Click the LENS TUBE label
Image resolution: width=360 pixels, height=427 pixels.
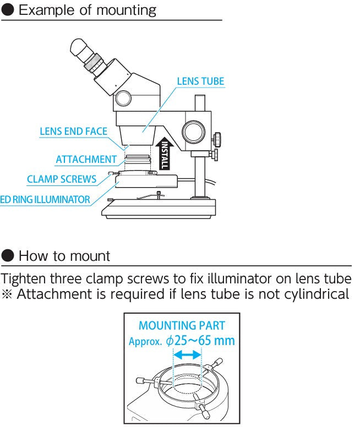click(x=200, y=81)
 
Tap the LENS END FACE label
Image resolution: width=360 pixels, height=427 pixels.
click(x=73, y=132)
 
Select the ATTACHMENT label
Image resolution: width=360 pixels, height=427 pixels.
click(x=86, y=160)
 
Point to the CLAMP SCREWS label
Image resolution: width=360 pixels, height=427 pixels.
click(x=62, y=179)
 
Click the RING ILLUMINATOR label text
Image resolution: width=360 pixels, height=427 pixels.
click(x=45, y=200)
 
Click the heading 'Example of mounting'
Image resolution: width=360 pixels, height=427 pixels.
click(x=88, y=10)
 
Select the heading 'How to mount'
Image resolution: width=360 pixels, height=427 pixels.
click(x=64, y=256)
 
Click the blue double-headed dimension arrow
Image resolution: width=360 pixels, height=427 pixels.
click(x=187, y=356)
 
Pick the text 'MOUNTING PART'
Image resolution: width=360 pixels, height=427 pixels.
click(x=182, y=326)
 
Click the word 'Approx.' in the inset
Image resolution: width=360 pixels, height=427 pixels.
click(x=145, y=341)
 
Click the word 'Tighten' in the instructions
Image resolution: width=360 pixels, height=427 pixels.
click(x=24, y=278)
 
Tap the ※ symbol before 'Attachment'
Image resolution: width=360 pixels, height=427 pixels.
click(x=8, y=294)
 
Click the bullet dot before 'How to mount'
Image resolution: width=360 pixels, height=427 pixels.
click(x=8, y=256)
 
